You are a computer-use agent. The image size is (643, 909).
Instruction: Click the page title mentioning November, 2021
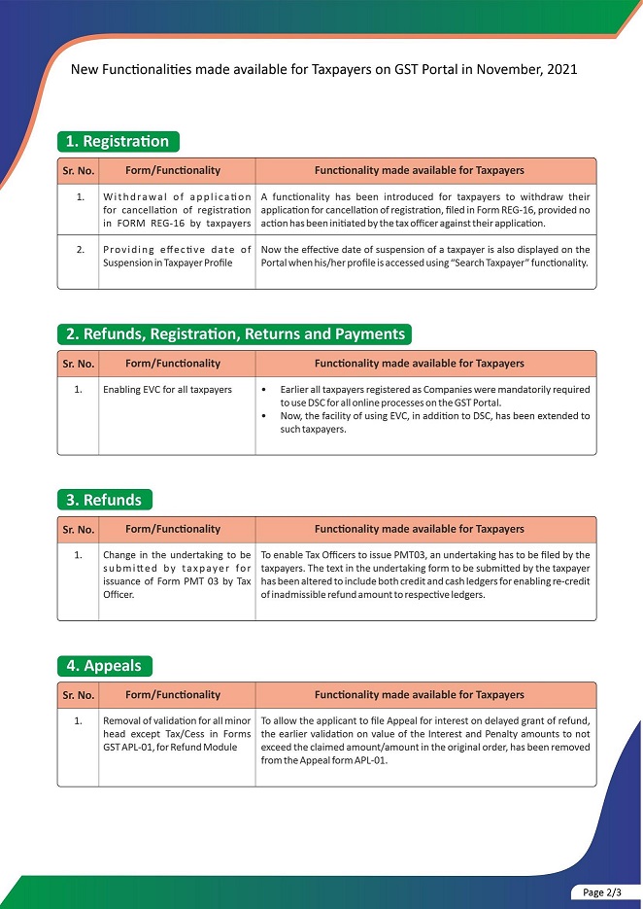point(324,71)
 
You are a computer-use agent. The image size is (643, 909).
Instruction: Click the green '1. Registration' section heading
point(118,141)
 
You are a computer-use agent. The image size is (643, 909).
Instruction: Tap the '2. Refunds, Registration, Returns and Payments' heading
point(234,334)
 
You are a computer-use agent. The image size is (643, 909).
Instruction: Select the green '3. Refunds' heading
point(104,500)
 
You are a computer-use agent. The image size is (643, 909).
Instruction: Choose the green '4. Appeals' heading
point(104,666)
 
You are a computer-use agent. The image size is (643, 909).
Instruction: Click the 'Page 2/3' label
point(605,892)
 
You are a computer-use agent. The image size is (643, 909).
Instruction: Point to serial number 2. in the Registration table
point(80,250)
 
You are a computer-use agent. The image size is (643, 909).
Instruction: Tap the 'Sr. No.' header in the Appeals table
point(78,695)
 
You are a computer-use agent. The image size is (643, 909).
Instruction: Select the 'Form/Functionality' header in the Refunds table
point(173,530)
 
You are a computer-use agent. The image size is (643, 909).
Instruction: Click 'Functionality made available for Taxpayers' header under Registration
point(419,170)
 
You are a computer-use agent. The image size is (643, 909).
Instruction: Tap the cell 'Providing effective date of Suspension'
point(177,257)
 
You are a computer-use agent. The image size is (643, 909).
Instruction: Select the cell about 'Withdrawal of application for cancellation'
point(177,210)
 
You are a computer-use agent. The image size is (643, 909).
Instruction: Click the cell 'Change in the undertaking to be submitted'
point(177,575)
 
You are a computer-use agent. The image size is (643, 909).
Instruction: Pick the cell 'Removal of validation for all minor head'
point(177,733)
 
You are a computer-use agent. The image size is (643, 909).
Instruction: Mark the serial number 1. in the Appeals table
point(80,720)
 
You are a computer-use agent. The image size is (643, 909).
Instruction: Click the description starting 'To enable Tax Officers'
point(425,575)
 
